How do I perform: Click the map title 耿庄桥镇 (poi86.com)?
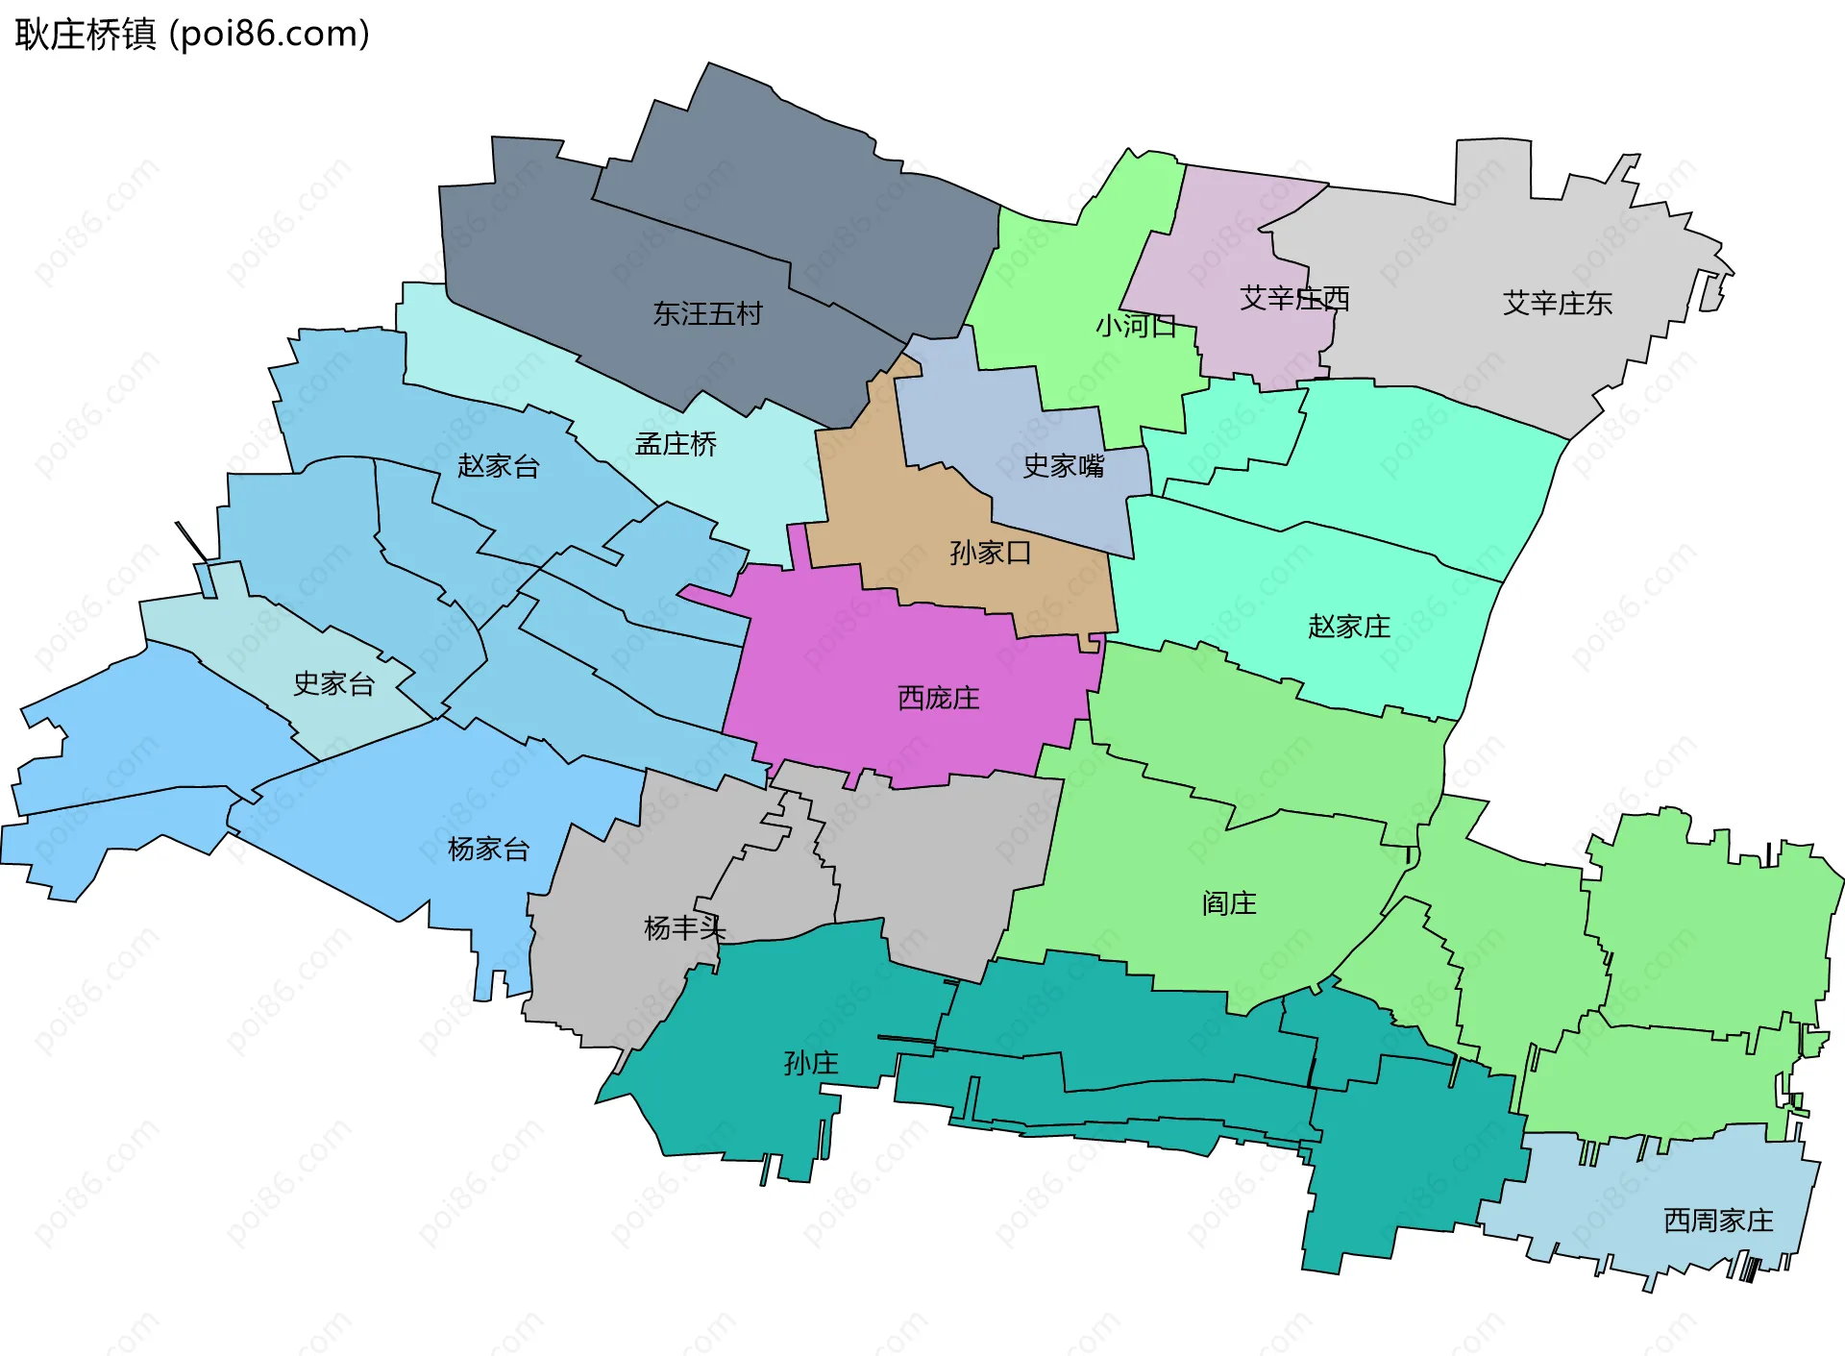192,35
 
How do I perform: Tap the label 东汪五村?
707,314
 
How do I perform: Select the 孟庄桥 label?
676,444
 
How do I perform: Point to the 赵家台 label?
498,467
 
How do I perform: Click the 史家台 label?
333,684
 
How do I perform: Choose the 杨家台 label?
488,850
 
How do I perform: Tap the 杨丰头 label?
683,928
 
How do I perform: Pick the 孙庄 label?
811,1064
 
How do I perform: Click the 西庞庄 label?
938,699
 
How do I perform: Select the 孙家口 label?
990,554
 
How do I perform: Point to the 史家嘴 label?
1063,467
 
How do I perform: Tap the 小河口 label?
1136,327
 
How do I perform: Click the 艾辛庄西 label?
1293,299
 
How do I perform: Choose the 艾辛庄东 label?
1557,304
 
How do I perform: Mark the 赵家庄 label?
1348,628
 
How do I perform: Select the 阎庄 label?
1229,904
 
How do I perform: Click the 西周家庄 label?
1718,1221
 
